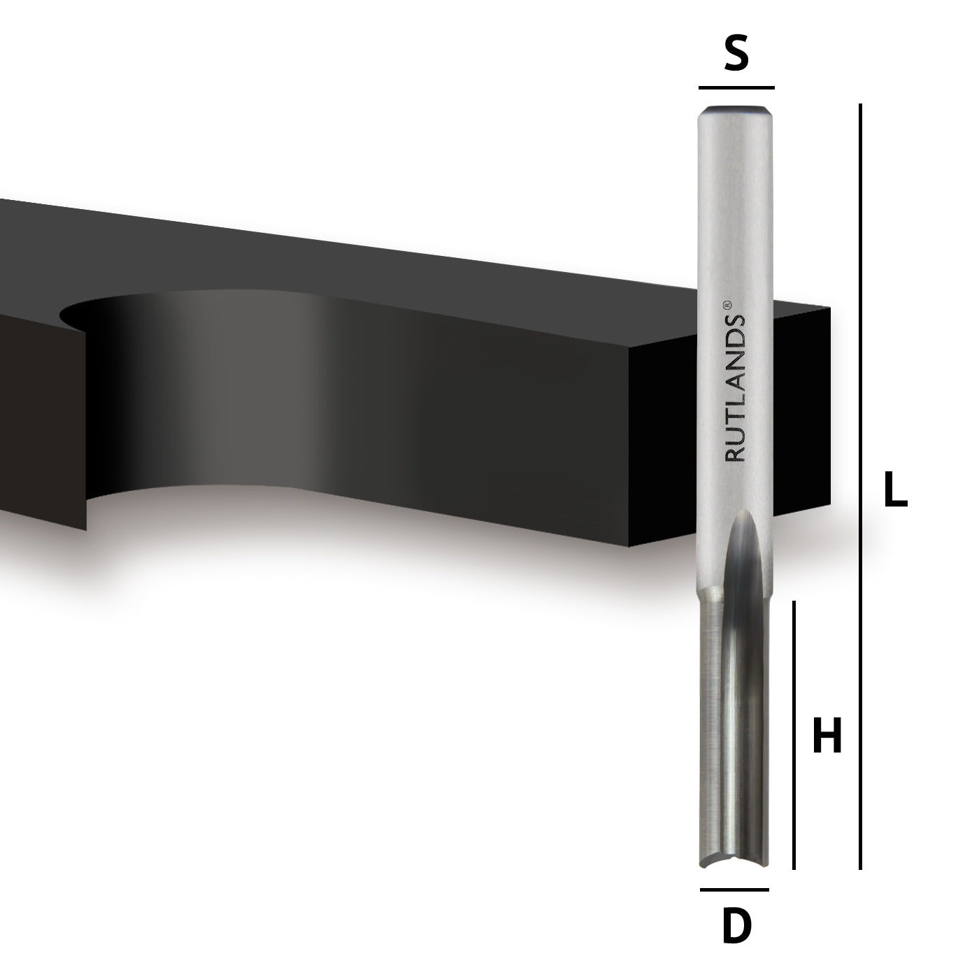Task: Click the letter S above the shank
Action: coord(736,55)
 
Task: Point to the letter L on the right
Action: coord(895,489)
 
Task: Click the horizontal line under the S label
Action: coord(736,88)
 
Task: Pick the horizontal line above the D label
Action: coord(734,889)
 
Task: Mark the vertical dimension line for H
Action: coord(794,734)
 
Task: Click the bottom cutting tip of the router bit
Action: coord(734,864)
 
